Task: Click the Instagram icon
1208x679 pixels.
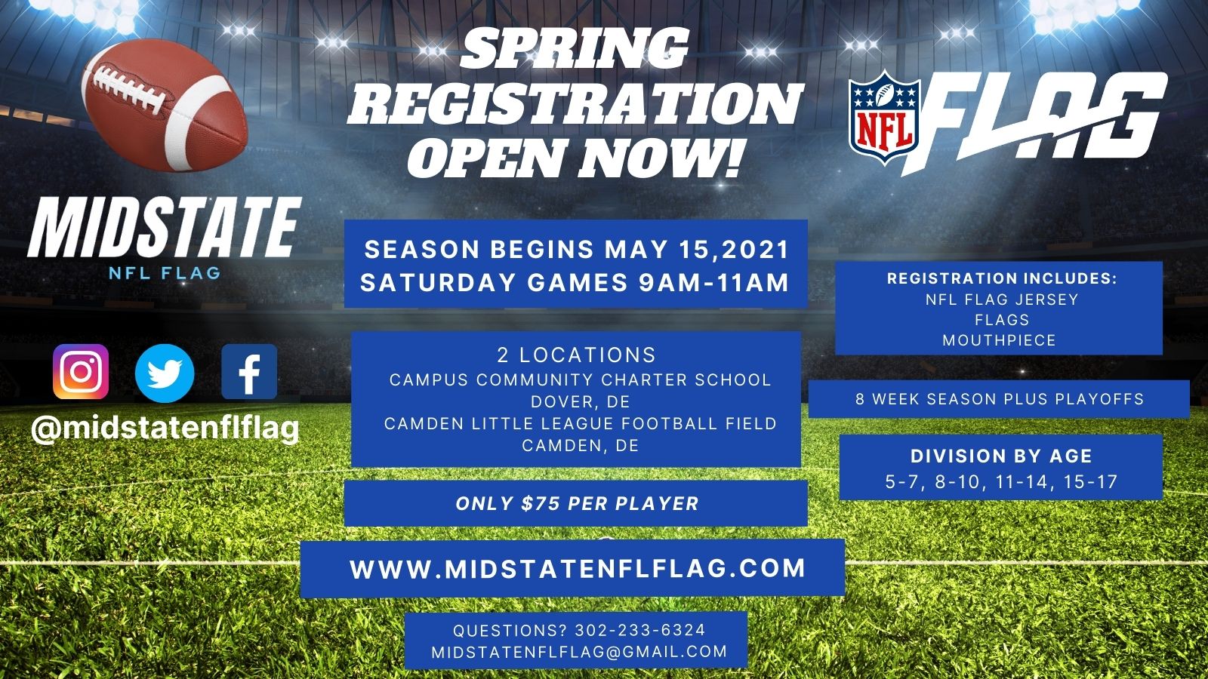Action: point(81,372)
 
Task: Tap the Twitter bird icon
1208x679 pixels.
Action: point(165,373)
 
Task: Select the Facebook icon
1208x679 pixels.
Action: point(249,372)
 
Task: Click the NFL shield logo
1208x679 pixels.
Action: point(884,117)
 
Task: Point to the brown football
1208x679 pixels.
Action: point(165,105)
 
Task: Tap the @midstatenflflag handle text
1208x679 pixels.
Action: point(165,429)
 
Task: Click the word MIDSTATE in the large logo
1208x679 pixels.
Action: point(165,227)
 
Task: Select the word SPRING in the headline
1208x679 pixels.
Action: point(575,48)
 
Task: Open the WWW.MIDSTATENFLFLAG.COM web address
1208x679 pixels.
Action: point(578,569)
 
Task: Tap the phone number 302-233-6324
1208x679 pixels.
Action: point(640,630)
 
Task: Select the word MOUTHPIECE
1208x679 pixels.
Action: point(1000,340)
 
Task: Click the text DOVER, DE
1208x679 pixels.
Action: point(581,402)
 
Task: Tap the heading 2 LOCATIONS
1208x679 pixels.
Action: point(577,355)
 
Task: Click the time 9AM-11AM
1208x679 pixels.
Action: point(714,282)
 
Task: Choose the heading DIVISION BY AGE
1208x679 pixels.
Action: point(1001,456)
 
